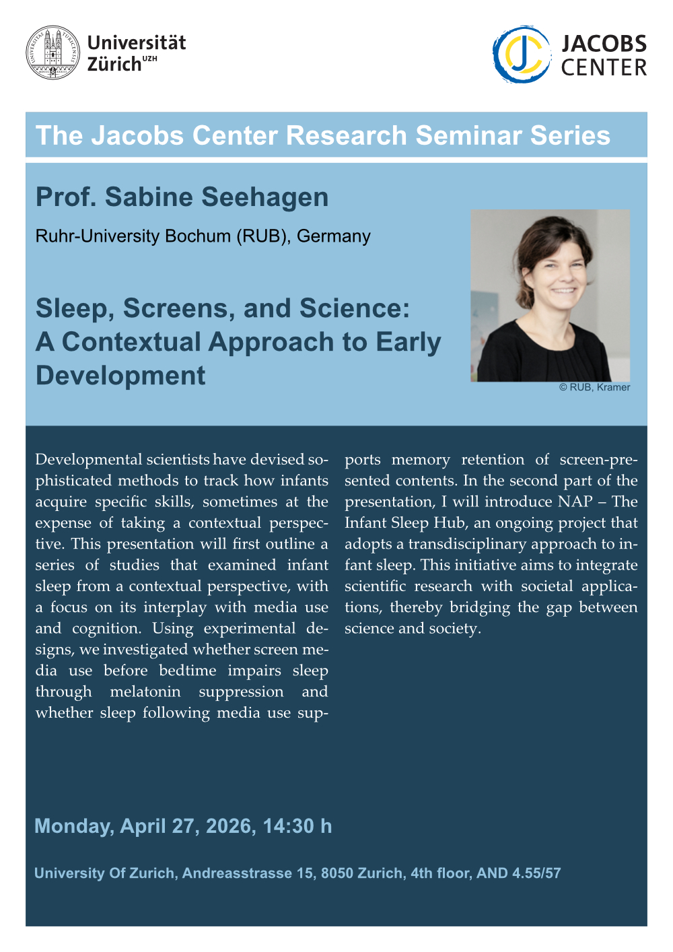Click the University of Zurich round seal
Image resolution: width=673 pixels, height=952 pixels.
tap(52, 53)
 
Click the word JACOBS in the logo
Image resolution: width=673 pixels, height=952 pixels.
tap(604, 44)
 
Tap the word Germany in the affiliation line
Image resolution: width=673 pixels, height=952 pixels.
tap(334, 236)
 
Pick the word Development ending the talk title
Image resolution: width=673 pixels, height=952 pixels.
tap(120, 376)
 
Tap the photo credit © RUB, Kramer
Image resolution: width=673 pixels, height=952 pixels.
tap(594, 387)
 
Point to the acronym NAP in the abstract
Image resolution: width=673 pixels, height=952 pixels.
tap(575, 502)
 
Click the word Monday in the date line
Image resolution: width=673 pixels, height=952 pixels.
tap(73, 826)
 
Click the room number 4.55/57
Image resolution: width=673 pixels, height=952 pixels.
tap(536, 873)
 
